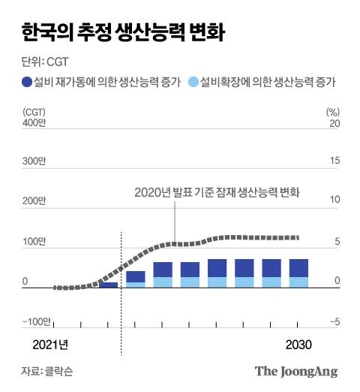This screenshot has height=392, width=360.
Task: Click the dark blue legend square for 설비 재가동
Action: pyautogui.click(x=27, y=82)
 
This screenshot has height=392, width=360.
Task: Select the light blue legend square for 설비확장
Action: pyautogui.click(x=194, y=82)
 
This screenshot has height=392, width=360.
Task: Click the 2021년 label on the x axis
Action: pyautogui.click(x=50, y=344)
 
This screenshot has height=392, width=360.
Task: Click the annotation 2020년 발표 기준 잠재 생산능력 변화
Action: pyautogui.click(x=217, y=191)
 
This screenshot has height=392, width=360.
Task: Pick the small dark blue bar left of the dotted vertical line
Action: pyautogui.click(x=109, y=285)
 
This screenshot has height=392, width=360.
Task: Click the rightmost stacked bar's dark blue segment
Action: pyautogui.click(x=298, y=268)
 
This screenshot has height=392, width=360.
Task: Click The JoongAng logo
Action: pyautogui.click(x=296, y=371)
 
